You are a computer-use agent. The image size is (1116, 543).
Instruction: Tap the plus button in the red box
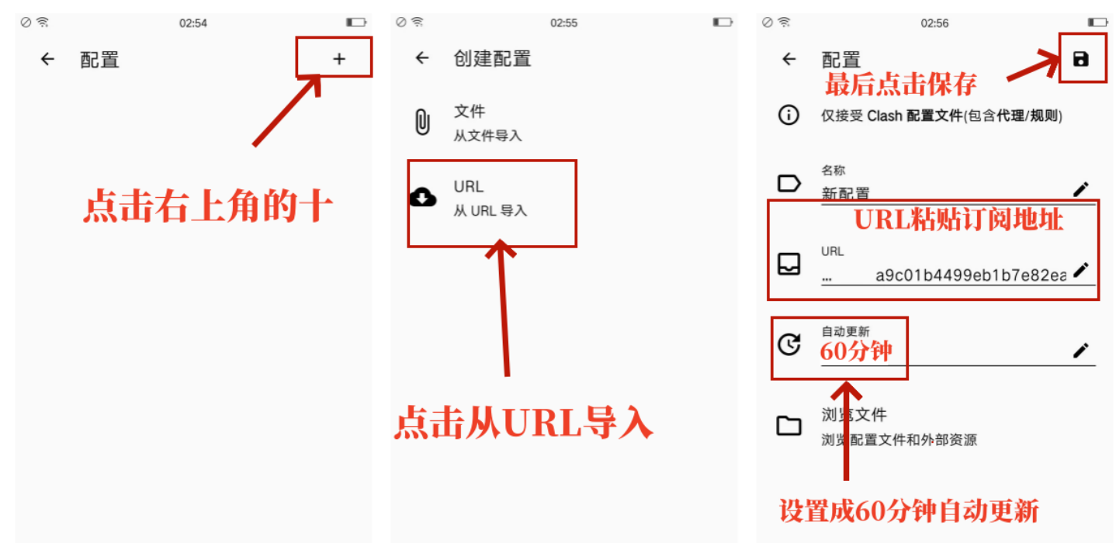(339, 59)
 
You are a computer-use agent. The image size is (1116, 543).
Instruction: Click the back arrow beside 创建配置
(422, 58)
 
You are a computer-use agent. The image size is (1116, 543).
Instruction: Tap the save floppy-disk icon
(1080, 59)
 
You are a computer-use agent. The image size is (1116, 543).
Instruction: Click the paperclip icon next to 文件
(422, 122)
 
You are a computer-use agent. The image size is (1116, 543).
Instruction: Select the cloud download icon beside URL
(422, 197)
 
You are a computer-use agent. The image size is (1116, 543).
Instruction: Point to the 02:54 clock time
(193, 23)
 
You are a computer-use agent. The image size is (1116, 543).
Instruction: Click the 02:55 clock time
(564, 23)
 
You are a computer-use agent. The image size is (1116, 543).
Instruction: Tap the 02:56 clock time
(934, 23)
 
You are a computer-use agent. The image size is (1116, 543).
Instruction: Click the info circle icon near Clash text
(788, 115)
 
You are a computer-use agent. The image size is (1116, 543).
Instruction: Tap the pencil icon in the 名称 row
(1080, 189)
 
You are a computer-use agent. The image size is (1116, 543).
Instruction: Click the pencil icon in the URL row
(1080, 270)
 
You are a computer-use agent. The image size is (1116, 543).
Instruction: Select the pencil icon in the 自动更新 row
(1080, 350)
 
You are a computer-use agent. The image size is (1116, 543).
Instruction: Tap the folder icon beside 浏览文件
(788, 426)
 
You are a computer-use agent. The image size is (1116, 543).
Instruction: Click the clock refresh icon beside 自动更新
(789, 344)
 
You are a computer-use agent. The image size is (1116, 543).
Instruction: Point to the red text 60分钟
(856, 351)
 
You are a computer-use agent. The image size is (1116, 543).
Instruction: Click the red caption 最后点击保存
(901, 85)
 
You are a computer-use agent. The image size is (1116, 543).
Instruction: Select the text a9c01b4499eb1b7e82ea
(971, 275)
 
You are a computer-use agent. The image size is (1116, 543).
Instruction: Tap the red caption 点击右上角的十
(208, 206)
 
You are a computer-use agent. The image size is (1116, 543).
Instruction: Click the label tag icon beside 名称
(789, 183)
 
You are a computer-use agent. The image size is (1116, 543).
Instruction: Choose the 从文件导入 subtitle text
(487, 136)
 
